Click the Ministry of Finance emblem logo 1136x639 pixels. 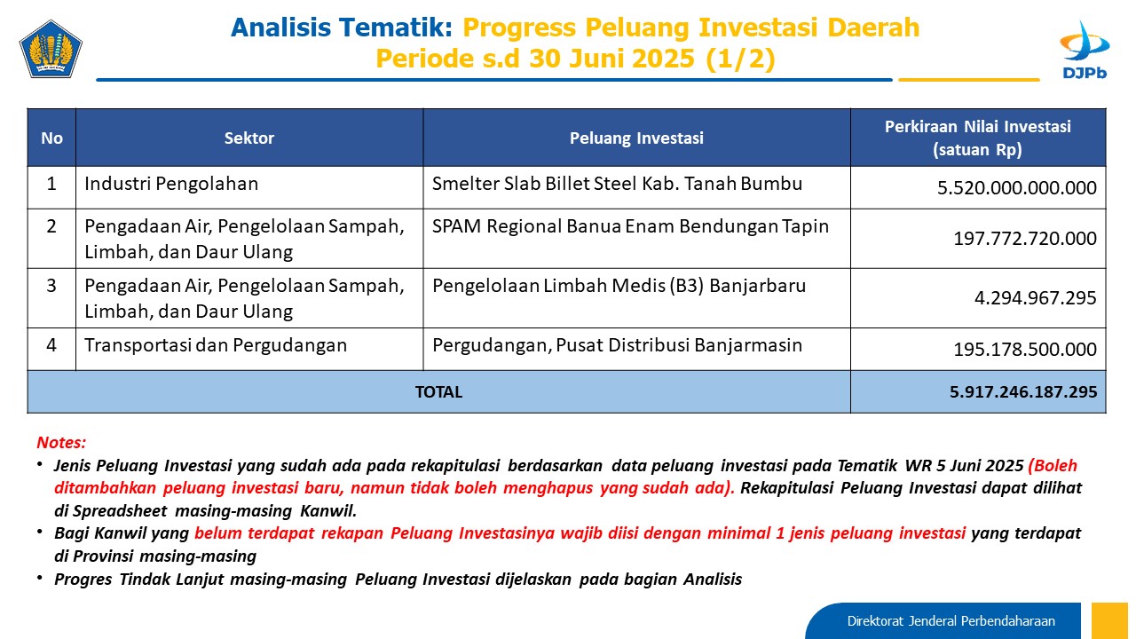[x=51, y=49]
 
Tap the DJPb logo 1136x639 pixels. [x=1085, y=50]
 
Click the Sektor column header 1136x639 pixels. [x=249, y=138]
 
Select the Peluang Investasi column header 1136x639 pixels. [x=636, y=138]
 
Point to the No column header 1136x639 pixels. [x=51, y=138]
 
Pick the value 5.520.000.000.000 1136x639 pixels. [x=1016, y=187]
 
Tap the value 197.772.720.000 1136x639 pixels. [x=1025, y=239]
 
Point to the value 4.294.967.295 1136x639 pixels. [x=1035, y=297]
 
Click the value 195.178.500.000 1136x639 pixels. [x=1025, y=349]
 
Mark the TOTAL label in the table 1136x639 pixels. [x=438, y=392]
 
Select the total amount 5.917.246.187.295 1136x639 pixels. [x=1023, y=392]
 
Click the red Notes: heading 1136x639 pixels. [x=61, y=442]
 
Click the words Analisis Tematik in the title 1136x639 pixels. [x=342, y=28]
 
